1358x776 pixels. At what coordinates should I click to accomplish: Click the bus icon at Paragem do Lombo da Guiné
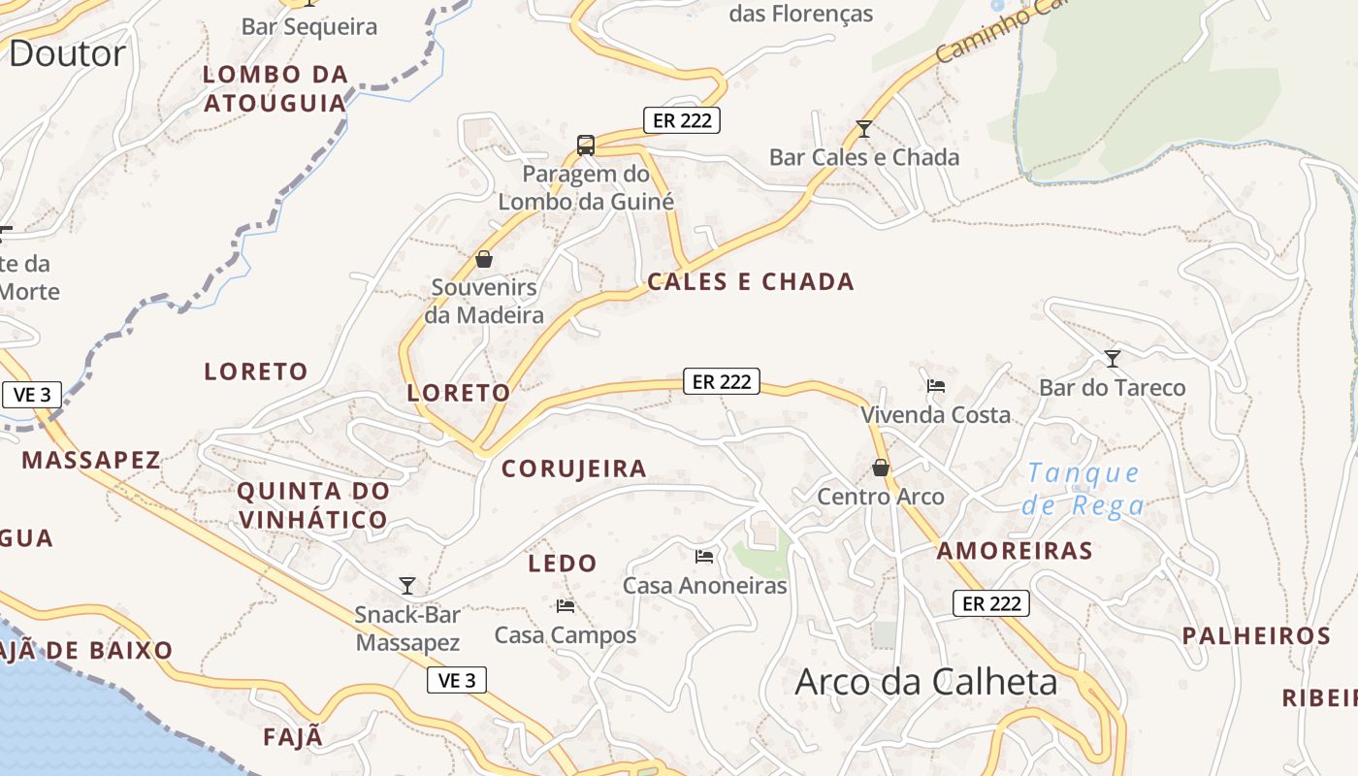[586, 145]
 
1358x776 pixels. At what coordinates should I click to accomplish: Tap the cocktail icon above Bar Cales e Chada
[864, 128]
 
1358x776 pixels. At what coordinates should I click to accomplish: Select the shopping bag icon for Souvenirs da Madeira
[484, 259]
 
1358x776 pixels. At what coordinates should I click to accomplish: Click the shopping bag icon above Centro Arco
[881, 468]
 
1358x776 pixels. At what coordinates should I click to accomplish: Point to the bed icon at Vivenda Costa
[936, 385]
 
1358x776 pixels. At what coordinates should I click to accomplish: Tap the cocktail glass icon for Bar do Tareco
[1113, 358]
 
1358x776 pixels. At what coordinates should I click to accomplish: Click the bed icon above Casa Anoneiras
[705, 556]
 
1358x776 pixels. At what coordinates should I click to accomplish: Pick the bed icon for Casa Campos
[566, 606]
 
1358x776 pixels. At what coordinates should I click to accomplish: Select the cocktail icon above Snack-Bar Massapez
[407, 585]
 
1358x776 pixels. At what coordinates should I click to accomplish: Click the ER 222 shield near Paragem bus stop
[682, 120]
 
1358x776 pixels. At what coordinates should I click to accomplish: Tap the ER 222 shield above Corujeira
[721, 381]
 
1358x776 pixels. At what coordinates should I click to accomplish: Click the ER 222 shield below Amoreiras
[990, 603]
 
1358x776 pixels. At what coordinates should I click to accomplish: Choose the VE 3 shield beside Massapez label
[32, 395]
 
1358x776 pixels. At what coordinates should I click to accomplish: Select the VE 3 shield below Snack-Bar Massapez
[457, 680]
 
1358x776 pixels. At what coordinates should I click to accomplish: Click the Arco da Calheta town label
[926, 682]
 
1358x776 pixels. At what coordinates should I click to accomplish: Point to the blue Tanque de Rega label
[1083, 489]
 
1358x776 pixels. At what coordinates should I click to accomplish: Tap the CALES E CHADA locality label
[751, 282]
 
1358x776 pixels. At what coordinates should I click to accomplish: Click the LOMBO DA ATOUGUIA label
[275, 88]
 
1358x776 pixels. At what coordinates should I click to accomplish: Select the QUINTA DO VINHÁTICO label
[312, 505]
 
